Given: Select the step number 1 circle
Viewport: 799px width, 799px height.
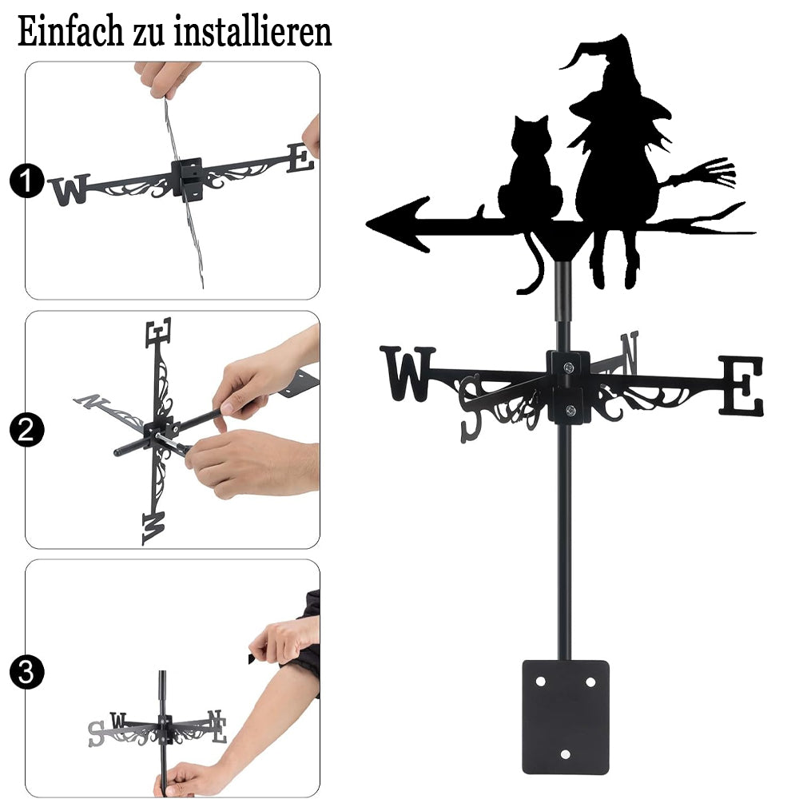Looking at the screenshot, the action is tap(26, 181).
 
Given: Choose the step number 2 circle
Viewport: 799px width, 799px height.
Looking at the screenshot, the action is tap(26, 430).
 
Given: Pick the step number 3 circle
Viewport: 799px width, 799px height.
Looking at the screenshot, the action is tap(26, 672).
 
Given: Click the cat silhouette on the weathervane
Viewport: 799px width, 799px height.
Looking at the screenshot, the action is tap(530, 173).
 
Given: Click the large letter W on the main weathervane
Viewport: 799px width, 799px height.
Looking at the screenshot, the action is tap(407, 373).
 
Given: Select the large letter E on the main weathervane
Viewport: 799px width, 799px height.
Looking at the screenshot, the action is tap(741, 385).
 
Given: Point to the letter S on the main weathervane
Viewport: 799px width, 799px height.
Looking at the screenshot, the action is tap(471, 407).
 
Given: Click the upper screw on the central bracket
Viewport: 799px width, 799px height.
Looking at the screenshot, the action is tap(569, 367).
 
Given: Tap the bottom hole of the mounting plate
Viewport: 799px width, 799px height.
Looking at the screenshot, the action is tap(565, 754).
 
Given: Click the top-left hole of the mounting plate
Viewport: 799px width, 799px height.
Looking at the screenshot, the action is tap(540, 682).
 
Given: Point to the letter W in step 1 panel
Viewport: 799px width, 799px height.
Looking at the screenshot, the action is tap(70, 189).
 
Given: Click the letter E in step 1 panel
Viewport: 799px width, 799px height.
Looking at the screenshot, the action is tap(300, 157).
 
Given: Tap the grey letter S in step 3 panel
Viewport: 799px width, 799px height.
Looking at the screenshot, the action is tap(97, 733).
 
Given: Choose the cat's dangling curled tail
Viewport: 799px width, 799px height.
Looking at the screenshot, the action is tap(532, 265).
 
